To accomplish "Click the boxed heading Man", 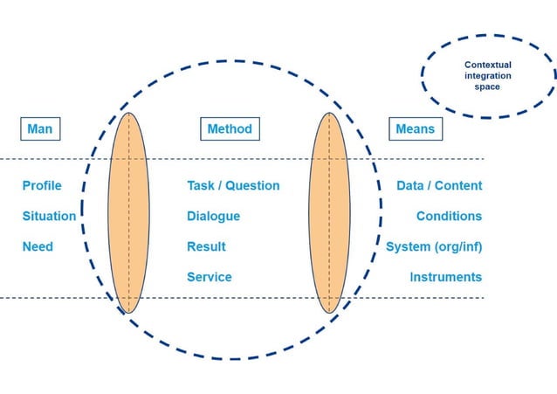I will click(40, 129).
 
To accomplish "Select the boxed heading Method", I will click(229, 129).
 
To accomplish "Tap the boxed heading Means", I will click(415, 129).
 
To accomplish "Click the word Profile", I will click(42, 185).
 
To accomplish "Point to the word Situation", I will click(49, 216).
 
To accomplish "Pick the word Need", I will click(38, 246).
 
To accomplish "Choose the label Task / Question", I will click(233, 185).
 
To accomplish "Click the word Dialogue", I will click(213, 216).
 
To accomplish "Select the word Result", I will click(206, 246).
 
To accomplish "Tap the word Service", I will click(210, 277).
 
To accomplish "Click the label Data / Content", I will click(439, 185).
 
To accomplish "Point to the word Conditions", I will click(449, 216).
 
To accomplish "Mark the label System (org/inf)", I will click(434, 246).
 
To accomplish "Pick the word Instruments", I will click(445, 277).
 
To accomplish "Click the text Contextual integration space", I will click(488, 76).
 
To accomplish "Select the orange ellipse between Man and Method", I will click(128, 212).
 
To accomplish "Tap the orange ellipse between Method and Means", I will click(330, 212).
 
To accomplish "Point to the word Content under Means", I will click(458, 185).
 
